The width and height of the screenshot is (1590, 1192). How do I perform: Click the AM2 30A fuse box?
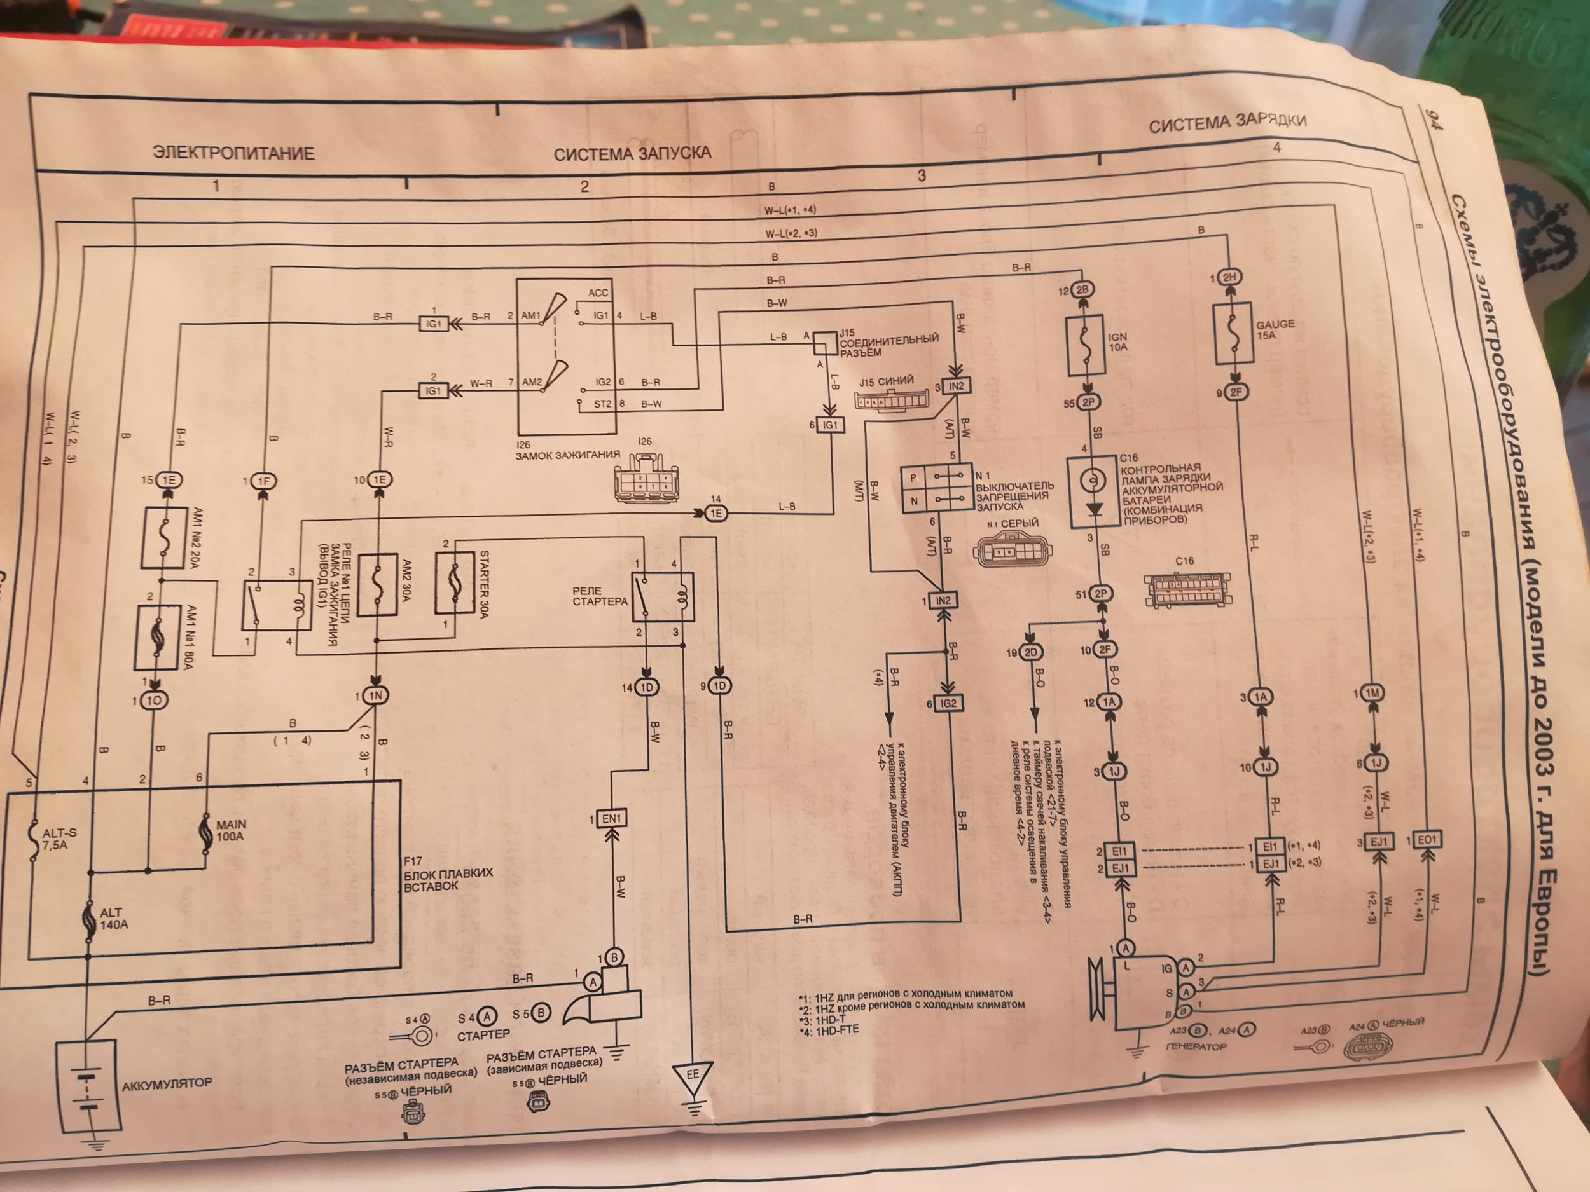377,585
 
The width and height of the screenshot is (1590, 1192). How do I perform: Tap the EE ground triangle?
692,1076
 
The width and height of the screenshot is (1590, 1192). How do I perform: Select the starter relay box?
662,596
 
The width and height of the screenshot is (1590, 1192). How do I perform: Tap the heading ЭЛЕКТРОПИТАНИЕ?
233,153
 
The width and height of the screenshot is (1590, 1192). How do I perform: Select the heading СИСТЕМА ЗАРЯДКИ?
1226,123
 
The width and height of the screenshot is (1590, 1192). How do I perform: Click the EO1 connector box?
1427,839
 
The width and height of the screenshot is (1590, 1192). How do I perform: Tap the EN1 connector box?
612,818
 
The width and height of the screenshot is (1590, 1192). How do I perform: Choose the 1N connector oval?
376,696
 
